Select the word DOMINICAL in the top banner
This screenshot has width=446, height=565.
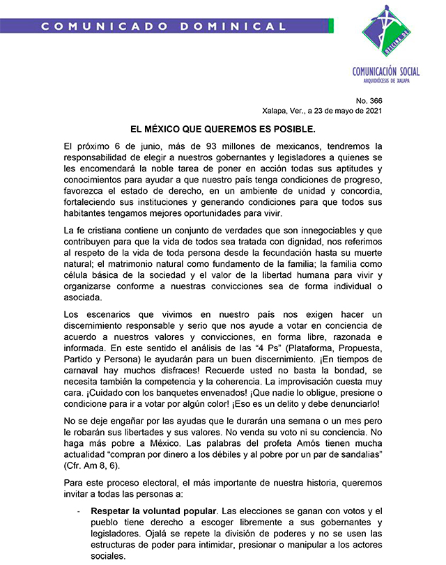pyautogui.click(x=240, y=26)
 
